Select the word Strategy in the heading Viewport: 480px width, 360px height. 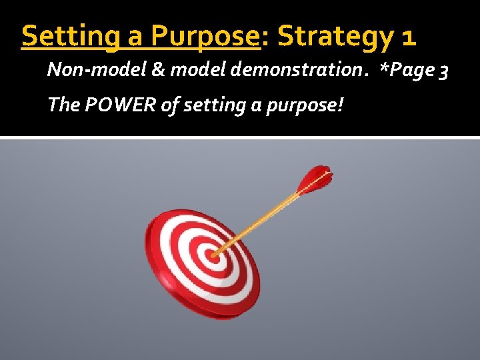333,37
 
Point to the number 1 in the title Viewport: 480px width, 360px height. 408,37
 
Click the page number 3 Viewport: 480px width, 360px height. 444,71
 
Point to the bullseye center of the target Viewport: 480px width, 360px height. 213,254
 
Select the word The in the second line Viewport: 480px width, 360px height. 63,104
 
